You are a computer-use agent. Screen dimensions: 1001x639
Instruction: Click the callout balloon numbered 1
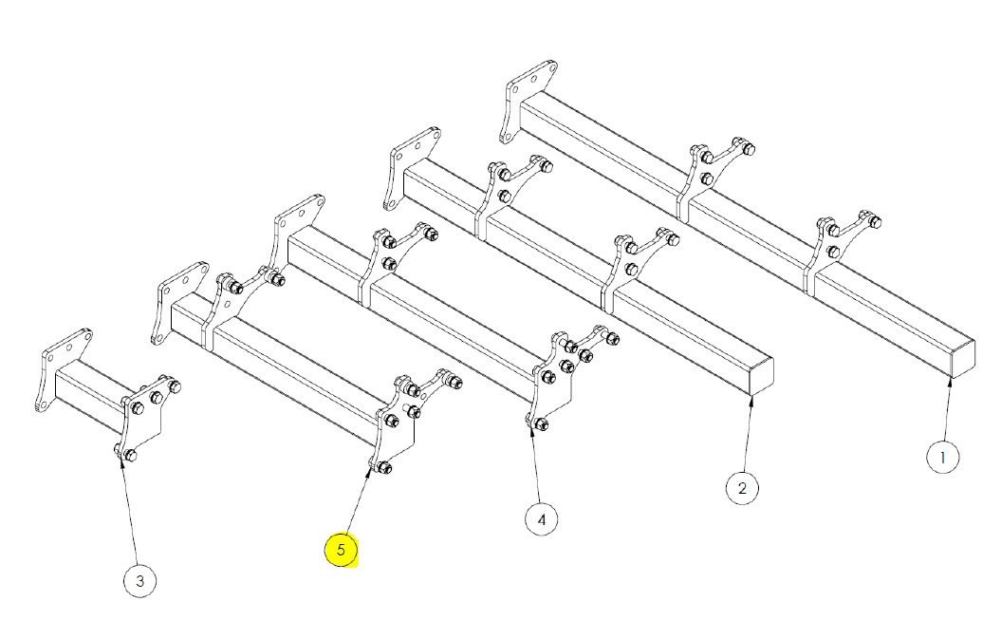942,457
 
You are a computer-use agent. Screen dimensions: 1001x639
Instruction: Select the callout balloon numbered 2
742,488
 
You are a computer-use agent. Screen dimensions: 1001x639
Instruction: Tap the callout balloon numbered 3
139,581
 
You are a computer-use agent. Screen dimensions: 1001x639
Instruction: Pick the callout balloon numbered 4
542,519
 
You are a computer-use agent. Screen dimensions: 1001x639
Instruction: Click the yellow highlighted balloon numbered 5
341,550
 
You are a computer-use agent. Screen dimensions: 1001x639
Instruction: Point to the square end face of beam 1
963,359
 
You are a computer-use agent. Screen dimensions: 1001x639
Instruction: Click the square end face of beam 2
761,376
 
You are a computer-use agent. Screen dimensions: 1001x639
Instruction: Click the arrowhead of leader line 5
370,472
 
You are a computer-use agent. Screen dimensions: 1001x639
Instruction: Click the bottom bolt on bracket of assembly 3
130,455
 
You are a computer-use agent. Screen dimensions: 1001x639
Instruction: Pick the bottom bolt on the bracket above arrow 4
541,423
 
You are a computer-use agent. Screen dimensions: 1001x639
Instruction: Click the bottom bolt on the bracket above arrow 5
383,467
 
